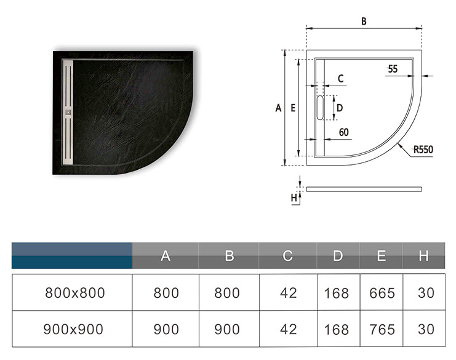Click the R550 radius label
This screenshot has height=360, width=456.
pyautogui.click(x=423, y=150)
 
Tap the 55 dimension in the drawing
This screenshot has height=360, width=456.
pyautogui.click(x=393, y=69)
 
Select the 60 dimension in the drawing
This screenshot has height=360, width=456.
pyautogui.click(x=344, y=132)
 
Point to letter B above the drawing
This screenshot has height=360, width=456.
pyautogui.click(x=364, y=21)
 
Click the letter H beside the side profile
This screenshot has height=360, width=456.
pyautogui.click(x=294, y=198)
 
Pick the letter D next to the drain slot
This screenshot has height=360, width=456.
pyautogui.click(x=339, y=108)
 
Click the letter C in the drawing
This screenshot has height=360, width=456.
pyautogui.click(x=340, y=79)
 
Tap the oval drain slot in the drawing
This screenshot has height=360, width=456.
pyautogui.click(x=320, y=108)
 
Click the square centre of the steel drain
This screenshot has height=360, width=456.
pyautogui.click(x=68, y=112)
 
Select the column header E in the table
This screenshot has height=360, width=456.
pyautogui.click(x=382, y=256)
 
